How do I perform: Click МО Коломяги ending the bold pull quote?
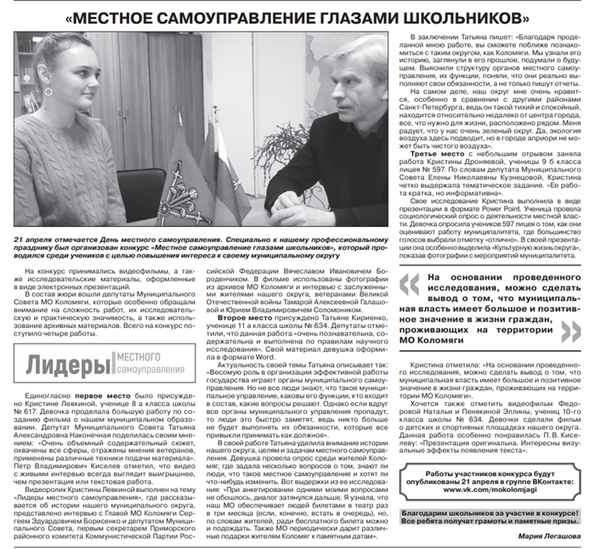[469, 341]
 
